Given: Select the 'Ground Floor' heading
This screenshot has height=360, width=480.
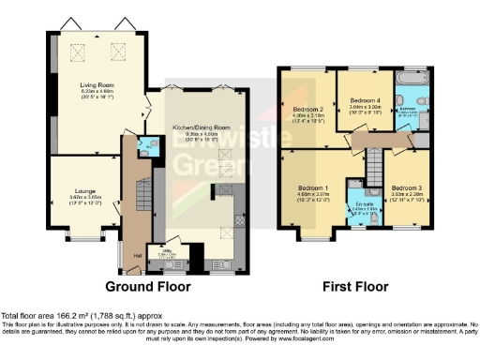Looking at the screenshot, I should click(x=147, y=285).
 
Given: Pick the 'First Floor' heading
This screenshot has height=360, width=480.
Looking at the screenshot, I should click(x=357, y=285).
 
